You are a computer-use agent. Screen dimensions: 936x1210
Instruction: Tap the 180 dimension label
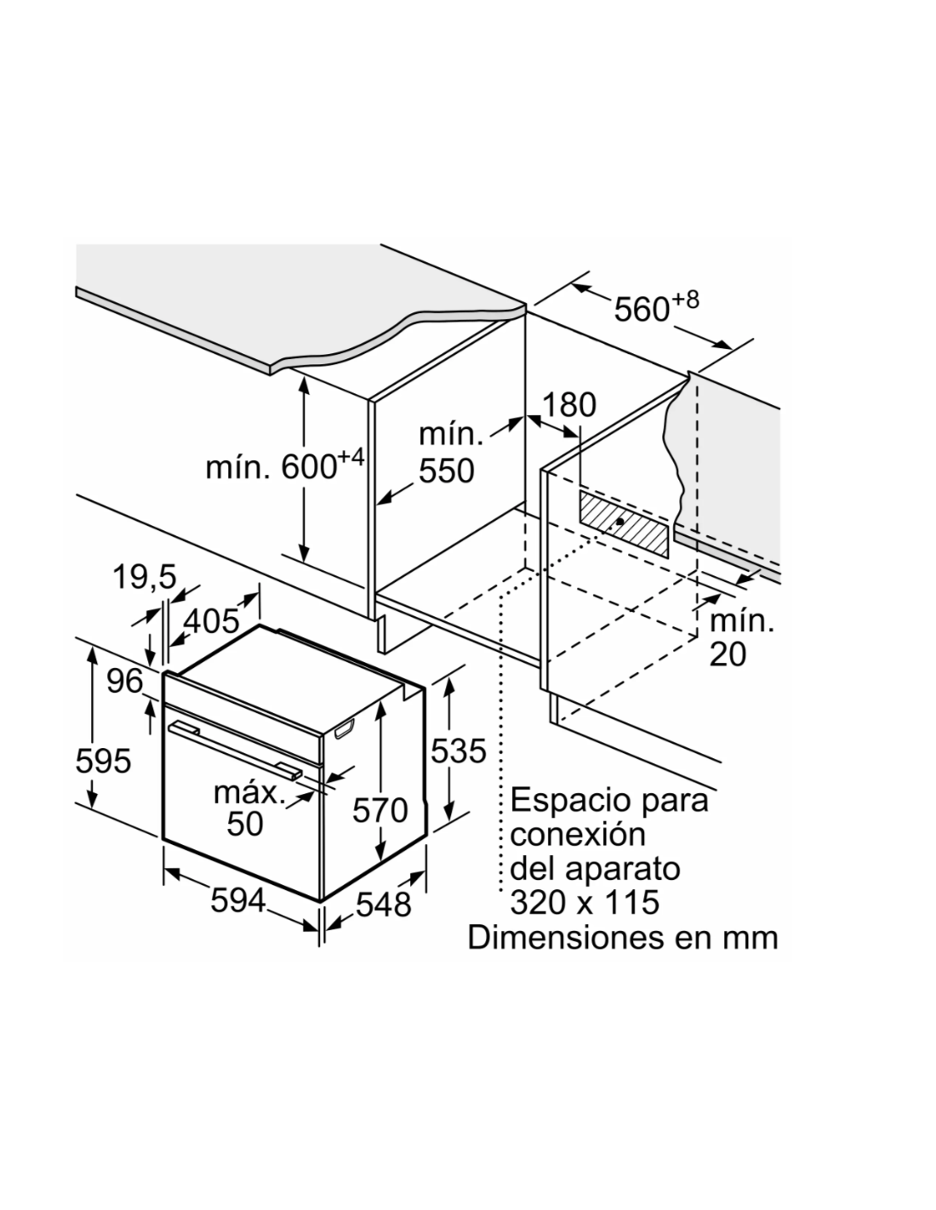point(568,405)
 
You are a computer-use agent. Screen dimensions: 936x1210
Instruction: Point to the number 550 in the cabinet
point(447,471)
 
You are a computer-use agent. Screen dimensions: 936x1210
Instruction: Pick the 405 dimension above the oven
point(212,620)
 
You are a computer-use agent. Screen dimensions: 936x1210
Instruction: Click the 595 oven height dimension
point(103,761)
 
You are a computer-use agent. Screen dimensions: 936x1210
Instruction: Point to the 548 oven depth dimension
point(384,905)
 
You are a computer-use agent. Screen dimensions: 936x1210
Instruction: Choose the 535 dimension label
point(459,751)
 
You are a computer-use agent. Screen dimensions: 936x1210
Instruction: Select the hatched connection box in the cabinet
point(623,523)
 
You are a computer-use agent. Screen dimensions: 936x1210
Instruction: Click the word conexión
point(578,834)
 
